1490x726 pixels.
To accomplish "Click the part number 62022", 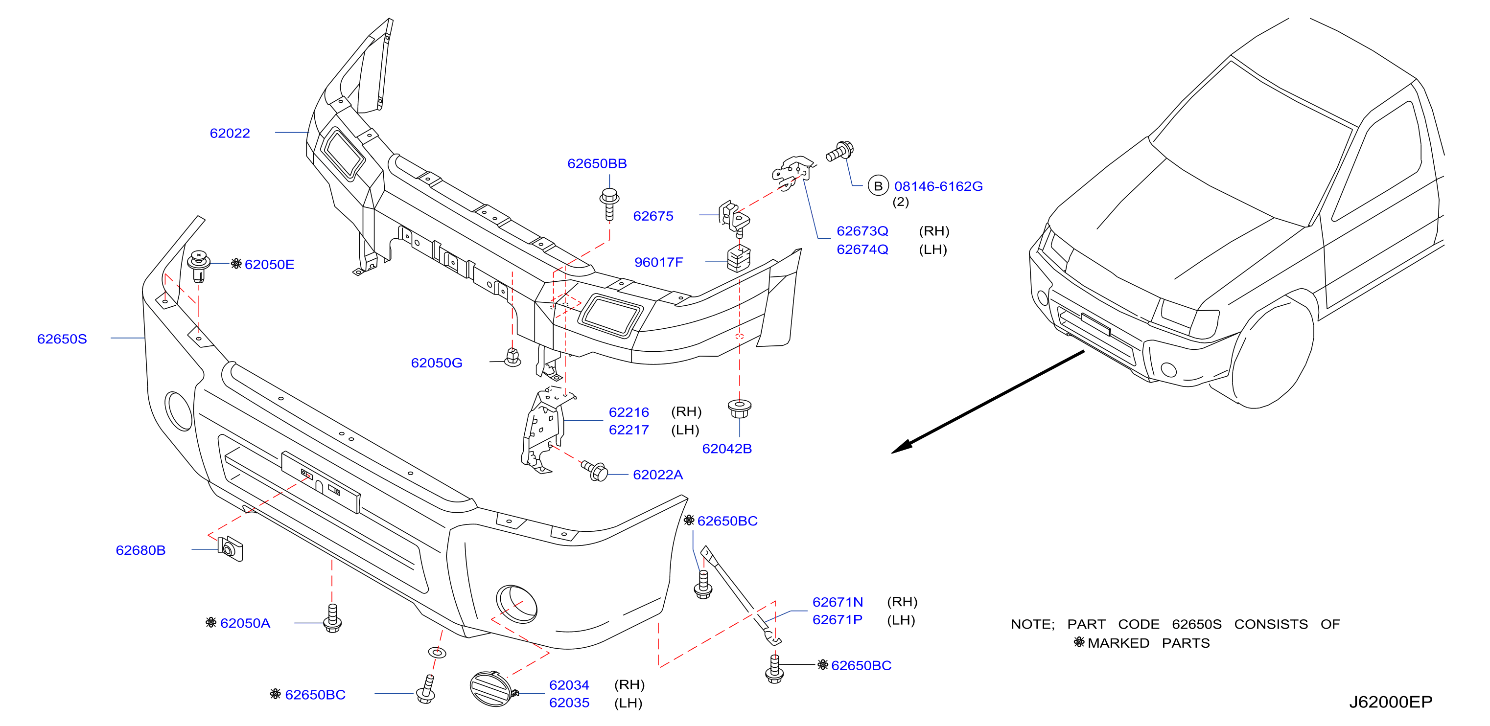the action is (230, 133).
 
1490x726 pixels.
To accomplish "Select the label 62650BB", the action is (597, 163).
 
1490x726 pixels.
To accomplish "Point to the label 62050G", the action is (437, 363).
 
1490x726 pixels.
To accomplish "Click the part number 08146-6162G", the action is (938, 186).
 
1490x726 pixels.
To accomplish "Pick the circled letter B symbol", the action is (878, 186).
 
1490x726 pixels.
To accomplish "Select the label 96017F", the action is (659, 262).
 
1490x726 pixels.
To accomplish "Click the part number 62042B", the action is (726, 449).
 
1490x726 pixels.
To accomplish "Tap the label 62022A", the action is (658, 475).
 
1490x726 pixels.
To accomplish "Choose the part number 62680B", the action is (140, 550).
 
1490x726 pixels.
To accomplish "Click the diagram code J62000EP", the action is (1391, 702).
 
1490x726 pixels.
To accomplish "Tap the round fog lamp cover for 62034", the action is (491, 689).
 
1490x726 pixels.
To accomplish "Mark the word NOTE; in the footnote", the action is (1032, 624).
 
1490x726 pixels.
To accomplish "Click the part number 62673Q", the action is (862, 231).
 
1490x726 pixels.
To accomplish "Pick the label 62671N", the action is (838, 602).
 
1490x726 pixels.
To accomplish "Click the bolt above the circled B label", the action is (840, 152).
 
